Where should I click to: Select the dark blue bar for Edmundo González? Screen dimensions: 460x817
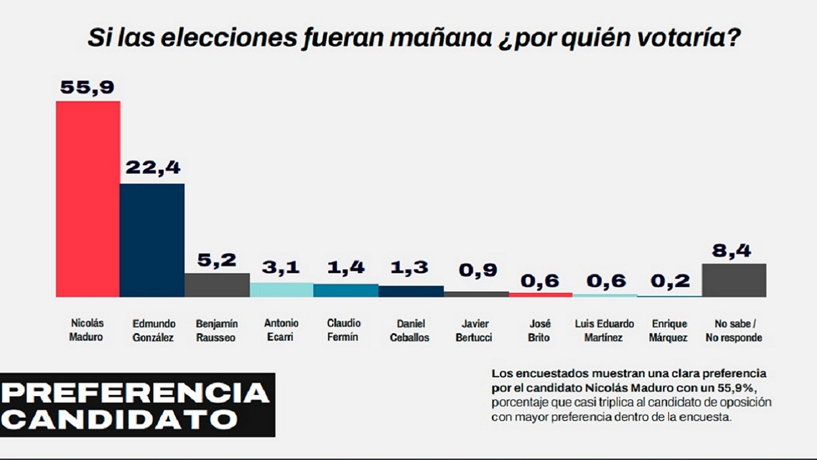tap(152, 240)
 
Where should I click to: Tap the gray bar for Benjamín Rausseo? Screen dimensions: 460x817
tap(216, 285)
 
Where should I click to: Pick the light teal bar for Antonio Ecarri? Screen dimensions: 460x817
tap(281, 290)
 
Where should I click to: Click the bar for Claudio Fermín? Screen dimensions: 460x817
tap(345, 290)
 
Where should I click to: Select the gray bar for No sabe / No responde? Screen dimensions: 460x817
tap(733, 280)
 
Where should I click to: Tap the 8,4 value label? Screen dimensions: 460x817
tap(733, 251)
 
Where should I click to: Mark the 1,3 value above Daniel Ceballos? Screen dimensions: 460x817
tap(410, 268)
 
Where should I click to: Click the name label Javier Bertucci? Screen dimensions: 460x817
tap(475, 330)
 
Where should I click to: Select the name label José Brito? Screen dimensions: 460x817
tap(539, 330)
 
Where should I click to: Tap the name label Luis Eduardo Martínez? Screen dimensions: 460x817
tap(604, 330)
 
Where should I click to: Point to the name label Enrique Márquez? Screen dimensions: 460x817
tap(669, 330)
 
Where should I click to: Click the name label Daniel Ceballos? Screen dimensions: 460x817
tap(410, 330)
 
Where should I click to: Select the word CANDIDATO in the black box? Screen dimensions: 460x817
tap(120, 419)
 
